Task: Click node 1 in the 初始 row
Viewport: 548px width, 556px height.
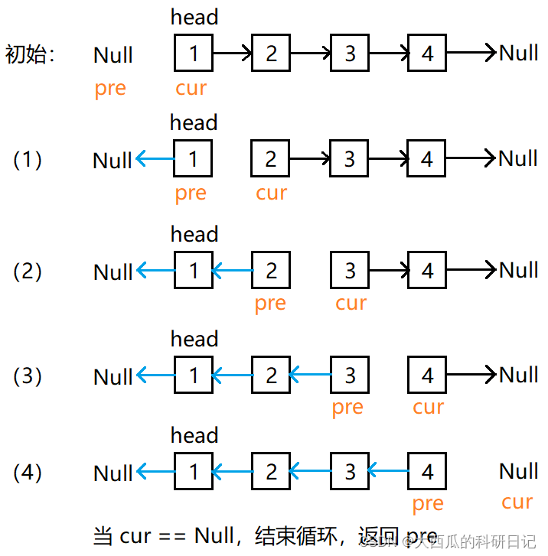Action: click(193, 53)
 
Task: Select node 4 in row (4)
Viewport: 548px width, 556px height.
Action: click(427, 472)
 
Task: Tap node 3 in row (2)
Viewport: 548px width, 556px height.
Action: click(350, 271)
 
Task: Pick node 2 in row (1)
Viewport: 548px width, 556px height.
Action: click(270, 159)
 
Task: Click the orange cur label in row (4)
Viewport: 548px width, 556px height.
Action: click(517, 502)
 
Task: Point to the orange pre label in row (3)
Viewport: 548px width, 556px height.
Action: click(347, 408)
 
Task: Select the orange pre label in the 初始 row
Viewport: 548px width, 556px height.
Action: click(110, 89)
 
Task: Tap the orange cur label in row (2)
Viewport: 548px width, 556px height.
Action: click(351, 303)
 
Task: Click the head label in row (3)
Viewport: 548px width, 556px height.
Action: click(194, 339)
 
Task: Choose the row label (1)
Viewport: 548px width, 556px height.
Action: click(28, 160)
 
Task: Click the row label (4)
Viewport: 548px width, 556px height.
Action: click(28, 473)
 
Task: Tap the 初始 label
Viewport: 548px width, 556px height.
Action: click(30, 54)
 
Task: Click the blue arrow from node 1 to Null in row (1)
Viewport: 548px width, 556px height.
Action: click(155, 160)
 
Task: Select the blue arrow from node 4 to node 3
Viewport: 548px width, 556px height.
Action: click(388, 472)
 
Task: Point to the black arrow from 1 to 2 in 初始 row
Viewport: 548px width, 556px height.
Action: click(232, 53)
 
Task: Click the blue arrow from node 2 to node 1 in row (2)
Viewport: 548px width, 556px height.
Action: click(232, 271)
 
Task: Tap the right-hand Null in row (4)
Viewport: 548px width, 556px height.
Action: click(518, 471)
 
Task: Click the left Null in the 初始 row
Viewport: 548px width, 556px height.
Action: click(113, 55)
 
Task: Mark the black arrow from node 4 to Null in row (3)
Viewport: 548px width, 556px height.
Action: click(471, 375)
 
